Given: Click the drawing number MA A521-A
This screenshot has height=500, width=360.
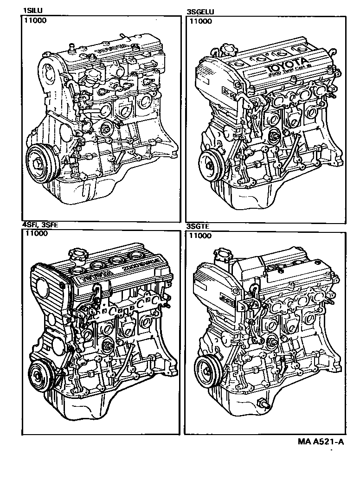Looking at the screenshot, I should tap(321, 442).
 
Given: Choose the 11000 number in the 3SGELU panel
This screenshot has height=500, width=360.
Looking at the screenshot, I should tap(199, 21).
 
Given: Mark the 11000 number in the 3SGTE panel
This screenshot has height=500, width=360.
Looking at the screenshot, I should tap(199, 236).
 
